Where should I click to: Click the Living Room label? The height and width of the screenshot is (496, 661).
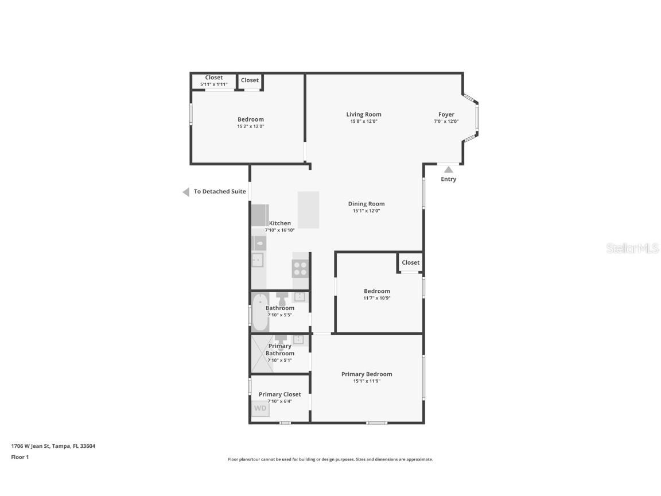(363, 114)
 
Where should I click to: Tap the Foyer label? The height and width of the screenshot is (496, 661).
(446, 115)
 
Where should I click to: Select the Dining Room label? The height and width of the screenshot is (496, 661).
(366, 204)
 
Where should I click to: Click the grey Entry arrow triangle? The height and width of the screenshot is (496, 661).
(449, 169)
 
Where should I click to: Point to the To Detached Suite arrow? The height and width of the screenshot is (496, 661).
(186, 192)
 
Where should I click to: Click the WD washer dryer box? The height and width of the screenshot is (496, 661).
(260, 409)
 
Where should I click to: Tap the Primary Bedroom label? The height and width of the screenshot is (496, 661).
(367, 374)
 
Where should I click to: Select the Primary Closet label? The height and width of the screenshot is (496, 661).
(279, 394)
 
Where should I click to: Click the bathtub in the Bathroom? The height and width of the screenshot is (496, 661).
(259, 312)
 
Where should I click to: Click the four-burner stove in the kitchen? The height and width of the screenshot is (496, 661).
(300, 269)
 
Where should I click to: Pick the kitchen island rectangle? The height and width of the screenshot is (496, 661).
(308, 210)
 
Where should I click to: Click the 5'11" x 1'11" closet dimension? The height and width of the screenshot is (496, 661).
(213, 85)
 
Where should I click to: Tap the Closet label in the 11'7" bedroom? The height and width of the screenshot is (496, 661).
(410, 262)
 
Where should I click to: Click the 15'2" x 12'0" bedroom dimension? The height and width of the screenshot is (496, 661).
(250, 126)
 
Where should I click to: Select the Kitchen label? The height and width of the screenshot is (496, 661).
(280, 223)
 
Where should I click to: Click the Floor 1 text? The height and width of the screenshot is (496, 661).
(20, 458)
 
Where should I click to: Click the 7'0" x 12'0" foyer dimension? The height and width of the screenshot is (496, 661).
(446, 122)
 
